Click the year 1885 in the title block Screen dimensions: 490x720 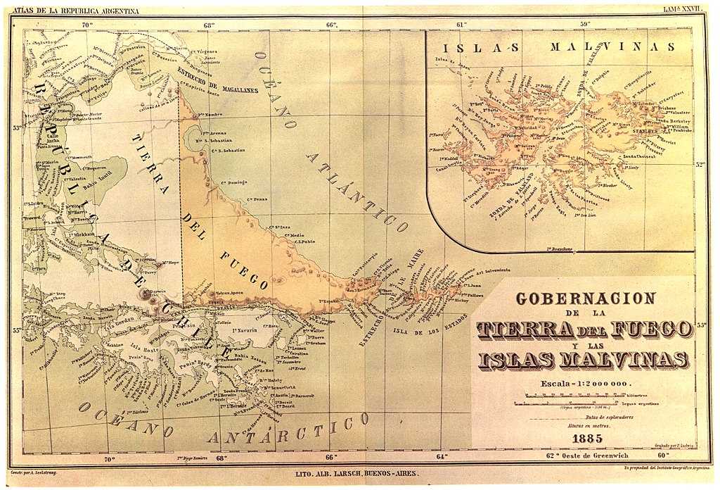click(587, 438)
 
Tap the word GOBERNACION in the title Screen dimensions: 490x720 click(585, 299)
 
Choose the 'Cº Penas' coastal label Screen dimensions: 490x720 click(257, 199)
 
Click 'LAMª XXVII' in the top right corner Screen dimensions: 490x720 click(683, 10)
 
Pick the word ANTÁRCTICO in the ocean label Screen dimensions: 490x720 click(295, 429)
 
